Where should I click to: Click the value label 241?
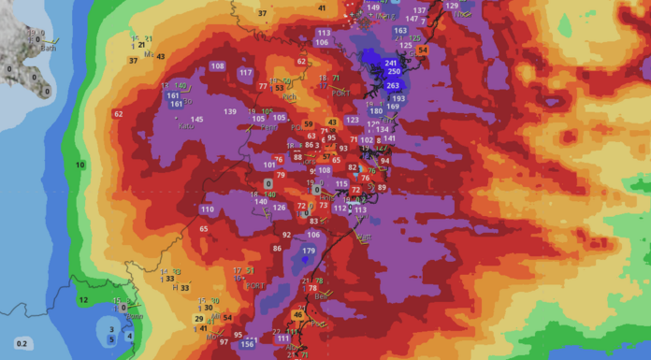point(391,62)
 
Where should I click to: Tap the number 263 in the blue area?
point(393,85)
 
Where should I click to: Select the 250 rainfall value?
point(394,72)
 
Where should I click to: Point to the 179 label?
point(310,251)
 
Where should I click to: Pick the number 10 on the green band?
point(80,165)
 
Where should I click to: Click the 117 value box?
point(246,72)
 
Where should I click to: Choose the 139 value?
point(230,111)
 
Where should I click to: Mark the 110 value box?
point(207,209)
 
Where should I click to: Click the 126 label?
point(279,207)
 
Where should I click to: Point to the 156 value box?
point(248,344)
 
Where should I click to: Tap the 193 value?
point(398,98)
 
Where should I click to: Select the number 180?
point(376,111)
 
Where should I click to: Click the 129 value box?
point(453,7)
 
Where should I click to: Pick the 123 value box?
point(352,120)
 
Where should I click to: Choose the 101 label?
point(269,166)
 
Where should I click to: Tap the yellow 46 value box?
point(298,316)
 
